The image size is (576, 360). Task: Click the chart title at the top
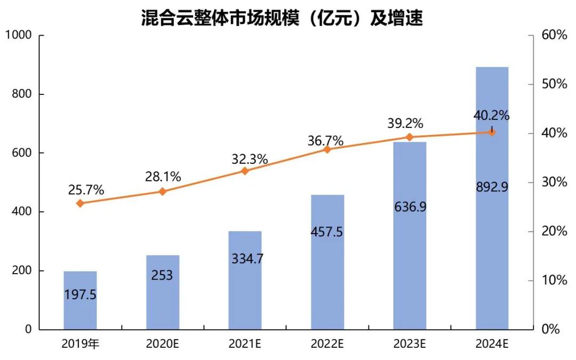282,18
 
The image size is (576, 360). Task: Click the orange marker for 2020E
163,191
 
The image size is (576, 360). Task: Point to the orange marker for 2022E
327,149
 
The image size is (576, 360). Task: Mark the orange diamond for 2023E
410,137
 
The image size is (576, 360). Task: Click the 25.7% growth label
86,189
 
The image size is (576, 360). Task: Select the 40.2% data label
491,115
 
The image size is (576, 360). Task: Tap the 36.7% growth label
325,141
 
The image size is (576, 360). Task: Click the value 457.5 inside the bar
327,233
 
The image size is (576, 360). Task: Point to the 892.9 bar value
492,187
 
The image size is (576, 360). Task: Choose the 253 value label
162,275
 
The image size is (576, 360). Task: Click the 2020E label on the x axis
162,344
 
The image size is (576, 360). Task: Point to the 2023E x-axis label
410,344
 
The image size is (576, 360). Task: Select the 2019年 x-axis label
80,344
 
